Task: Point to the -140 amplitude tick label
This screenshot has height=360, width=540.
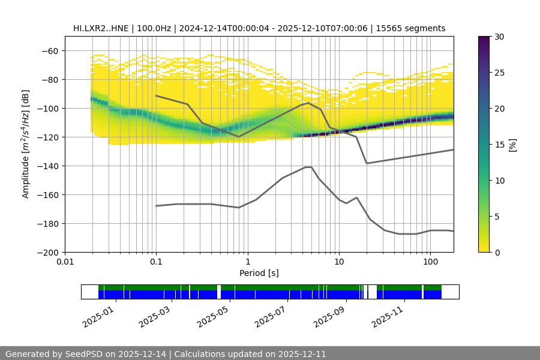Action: [48, 166]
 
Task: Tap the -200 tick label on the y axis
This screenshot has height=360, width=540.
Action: [48, 253]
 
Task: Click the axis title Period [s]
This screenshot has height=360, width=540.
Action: [259, 273]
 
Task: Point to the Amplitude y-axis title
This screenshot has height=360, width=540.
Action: [26, 145]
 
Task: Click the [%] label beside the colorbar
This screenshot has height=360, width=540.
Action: [512, 145]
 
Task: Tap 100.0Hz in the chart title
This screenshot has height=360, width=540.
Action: [158, 28]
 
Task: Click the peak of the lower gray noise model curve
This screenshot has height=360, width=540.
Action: [308, 167]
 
